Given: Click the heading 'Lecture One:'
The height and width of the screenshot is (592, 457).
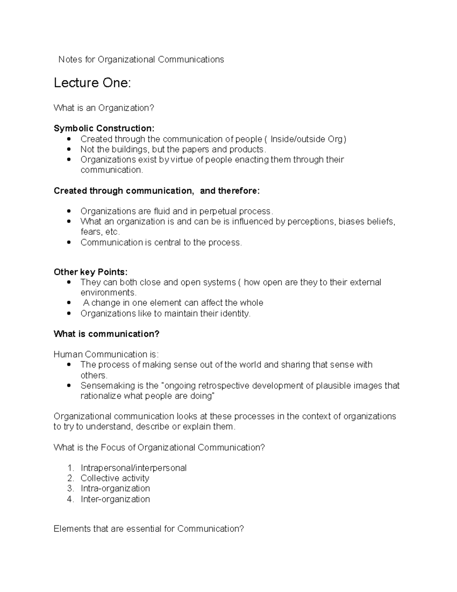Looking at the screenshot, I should click(x=92, y=83).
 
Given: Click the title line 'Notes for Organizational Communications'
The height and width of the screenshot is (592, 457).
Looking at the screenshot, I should click(x=141, y=59).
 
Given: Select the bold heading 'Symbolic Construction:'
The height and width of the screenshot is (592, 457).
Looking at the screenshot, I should click(x=104, y=128).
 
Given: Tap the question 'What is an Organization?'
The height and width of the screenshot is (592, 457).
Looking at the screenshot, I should click(x=104, y=108).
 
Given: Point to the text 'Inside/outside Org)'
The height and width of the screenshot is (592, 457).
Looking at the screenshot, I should click(x=308, y=139).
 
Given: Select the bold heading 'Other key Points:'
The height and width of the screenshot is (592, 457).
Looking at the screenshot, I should click(x=91, y=272).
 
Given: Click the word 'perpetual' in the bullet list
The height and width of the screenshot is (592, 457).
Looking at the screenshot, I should click(x=217, y=211).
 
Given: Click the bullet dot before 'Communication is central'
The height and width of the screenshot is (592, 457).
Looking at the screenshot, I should click(x=69, y=242).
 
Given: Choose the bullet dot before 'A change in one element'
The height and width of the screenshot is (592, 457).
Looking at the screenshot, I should click(x=69, y=303).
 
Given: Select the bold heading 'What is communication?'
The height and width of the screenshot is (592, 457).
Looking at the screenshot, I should click(x=107, y=334).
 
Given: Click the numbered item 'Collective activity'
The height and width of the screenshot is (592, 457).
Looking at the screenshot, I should click(x=115, y=478).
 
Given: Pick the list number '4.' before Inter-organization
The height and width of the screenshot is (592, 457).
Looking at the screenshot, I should click(x=70, y=499).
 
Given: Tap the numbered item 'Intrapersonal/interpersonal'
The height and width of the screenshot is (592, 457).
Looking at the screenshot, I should click(x=133, y=468).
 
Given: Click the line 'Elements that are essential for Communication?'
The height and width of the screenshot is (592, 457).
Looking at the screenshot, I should click(x=149, y=529).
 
